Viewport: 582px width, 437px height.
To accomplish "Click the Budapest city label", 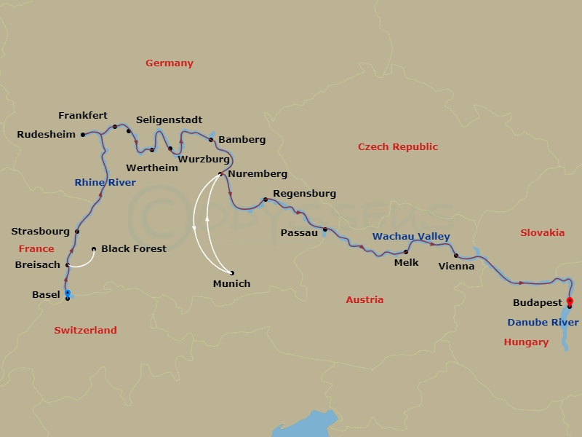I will (537, 302).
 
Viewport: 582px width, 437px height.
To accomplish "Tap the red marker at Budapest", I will (570, 301).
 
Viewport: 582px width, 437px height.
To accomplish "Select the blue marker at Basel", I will (68, 293).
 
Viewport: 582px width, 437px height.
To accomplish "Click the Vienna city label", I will (456, 266).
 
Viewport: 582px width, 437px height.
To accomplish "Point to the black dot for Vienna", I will (455, 256).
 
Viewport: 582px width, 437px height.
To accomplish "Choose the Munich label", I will (231, 283).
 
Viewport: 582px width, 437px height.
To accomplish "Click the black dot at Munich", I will (232, 273).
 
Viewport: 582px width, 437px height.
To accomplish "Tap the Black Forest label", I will (133, 248).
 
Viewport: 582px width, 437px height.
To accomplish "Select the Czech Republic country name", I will (398, 147).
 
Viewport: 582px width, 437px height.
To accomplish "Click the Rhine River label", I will (105, 183).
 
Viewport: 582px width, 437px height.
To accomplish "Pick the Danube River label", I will (543, 322).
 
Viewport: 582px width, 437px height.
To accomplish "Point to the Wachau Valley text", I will (411, 237).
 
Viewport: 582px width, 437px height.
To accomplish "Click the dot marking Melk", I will (406, 252).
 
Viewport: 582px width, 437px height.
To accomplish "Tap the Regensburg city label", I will (304, 194).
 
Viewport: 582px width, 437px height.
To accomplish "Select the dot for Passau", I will (325, 229).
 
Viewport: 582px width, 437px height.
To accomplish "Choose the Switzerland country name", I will (85, 330).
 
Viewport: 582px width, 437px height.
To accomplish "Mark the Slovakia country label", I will (542, 233).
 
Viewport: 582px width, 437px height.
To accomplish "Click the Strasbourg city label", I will (40, 232).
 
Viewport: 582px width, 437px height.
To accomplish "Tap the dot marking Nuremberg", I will (220, 173).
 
